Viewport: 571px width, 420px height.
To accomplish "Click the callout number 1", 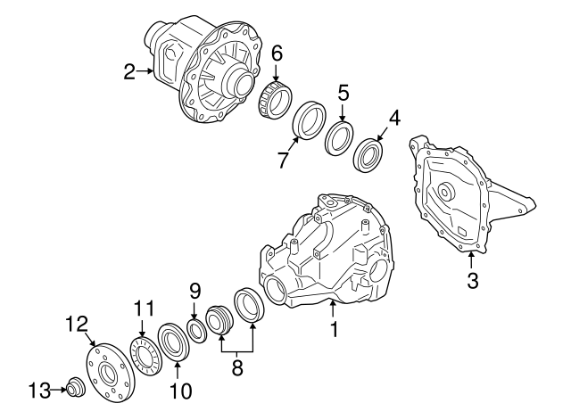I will click(x=334, y=329).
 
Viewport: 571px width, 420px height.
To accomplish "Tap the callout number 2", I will click(x=130, y=71).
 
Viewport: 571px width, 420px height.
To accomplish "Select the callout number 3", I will click(x=473, y=282).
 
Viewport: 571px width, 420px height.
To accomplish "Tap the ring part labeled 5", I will click(x=339, y=139).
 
